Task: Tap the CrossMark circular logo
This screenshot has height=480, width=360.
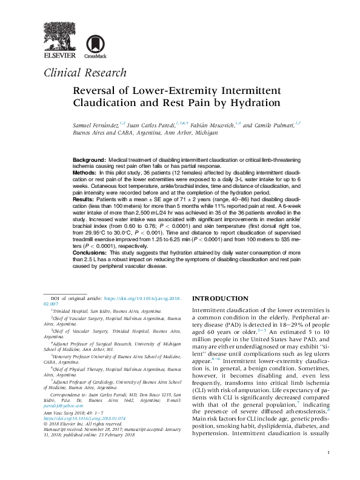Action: click(94, 45)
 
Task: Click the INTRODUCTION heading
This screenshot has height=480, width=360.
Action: click(220, 299)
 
